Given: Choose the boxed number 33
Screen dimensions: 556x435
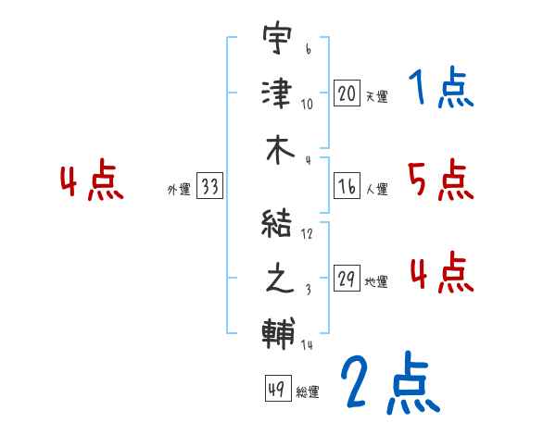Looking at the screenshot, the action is (209, 188).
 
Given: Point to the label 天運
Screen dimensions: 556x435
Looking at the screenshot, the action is (376, 96).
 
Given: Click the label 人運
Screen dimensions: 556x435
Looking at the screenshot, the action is (376, 190).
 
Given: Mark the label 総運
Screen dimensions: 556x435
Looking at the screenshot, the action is (308, 391).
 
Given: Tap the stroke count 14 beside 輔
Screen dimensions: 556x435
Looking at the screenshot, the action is (306, 345).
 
